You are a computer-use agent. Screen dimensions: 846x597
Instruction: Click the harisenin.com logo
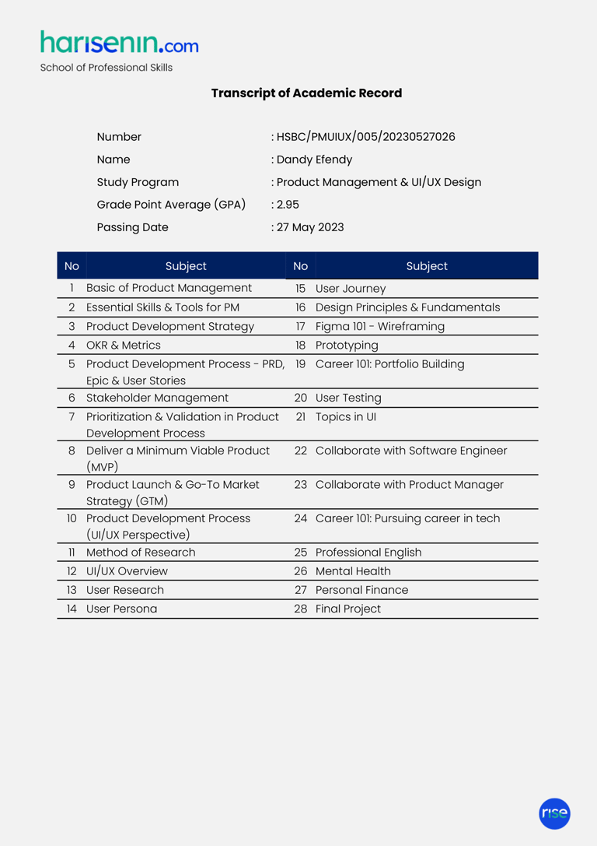tap(119, 43)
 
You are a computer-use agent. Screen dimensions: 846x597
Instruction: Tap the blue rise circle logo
tap(554, 813)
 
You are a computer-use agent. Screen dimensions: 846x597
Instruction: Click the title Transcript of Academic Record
tap(306, 93)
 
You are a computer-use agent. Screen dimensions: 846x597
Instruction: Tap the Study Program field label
tap(138, 183)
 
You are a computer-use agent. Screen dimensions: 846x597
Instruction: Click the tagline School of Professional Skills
tap(106, 68)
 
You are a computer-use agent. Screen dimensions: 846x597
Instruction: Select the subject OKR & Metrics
tap(124, 345)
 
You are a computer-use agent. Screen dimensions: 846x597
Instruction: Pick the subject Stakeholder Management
tap(157, 398)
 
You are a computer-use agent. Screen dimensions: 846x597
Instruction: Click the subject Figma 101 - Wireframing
tap(380, 326)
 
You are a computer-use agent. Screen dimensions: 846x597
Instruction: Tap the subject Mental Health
tap(353, 571)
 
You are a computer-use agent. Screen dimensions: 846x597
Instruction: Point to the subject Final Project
tap(348, 609)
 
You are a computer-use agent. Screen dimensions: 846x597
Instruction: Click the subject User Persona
tap(121, 609)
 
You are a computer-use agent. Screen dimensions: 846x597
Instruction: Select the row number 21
tap(301, 416)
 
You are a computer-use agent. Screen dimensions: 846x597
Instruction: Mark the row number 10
tap(72, 518)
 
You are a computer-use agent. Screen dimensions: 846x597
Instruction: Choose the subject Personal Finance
tap(361, 590)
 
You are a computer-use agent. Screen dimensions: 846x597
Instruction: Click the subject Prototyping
tap(347, 345)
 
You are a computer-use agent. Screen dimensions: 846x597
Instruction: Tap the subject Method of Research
tap(141, 553)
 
